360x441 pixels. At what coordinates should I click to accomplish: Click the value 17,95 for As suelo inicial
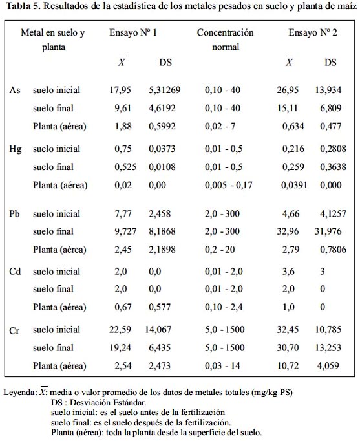[120, 90]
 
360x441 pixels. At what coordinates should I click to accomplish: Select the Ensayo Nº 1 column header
[133, 32]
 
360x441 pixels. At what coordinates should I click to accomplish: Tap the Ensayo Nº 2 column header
[313, 32]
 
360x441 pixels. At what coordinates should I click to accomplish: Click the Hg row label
[15, 149]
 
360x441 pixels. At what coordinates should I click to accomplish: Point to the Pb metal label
[14, 214]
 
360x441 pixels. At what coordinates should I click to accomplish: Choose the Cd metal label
[15, 272]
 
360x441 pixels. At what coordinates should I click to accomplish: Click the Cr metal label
[14, 330]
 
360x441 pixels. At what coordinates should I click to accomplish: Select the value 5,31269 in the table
[164, 90]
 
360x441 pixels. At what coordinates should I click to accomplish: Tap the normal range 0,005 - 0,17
[229, 185]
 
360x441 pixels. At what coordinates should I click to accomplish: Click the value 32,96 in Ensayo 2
[288, 231]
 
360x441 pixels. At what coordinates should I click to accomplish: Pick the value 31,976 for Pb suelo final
[328, 231]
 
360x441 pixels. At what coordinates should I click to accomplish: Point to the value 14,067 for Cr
[158, 330]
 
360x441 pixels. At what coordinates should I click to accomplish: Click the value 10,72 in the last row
[288, 366]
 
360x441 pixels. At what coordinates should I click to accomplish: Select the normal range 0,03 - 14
[222, 366]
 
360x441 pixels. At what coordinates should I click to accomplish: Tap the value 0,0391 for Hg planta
[294, 185]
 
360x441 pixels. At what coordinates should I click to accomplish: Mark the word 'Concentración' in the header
[225, 32]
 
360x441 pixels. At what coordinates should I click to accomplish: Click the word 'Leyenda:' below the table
[19, 392]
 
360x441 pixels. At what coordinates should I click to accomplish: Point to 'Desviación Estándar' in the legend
[108, 402]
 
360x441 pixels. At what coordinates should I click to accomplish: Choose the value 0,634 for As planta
[293, 126]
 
